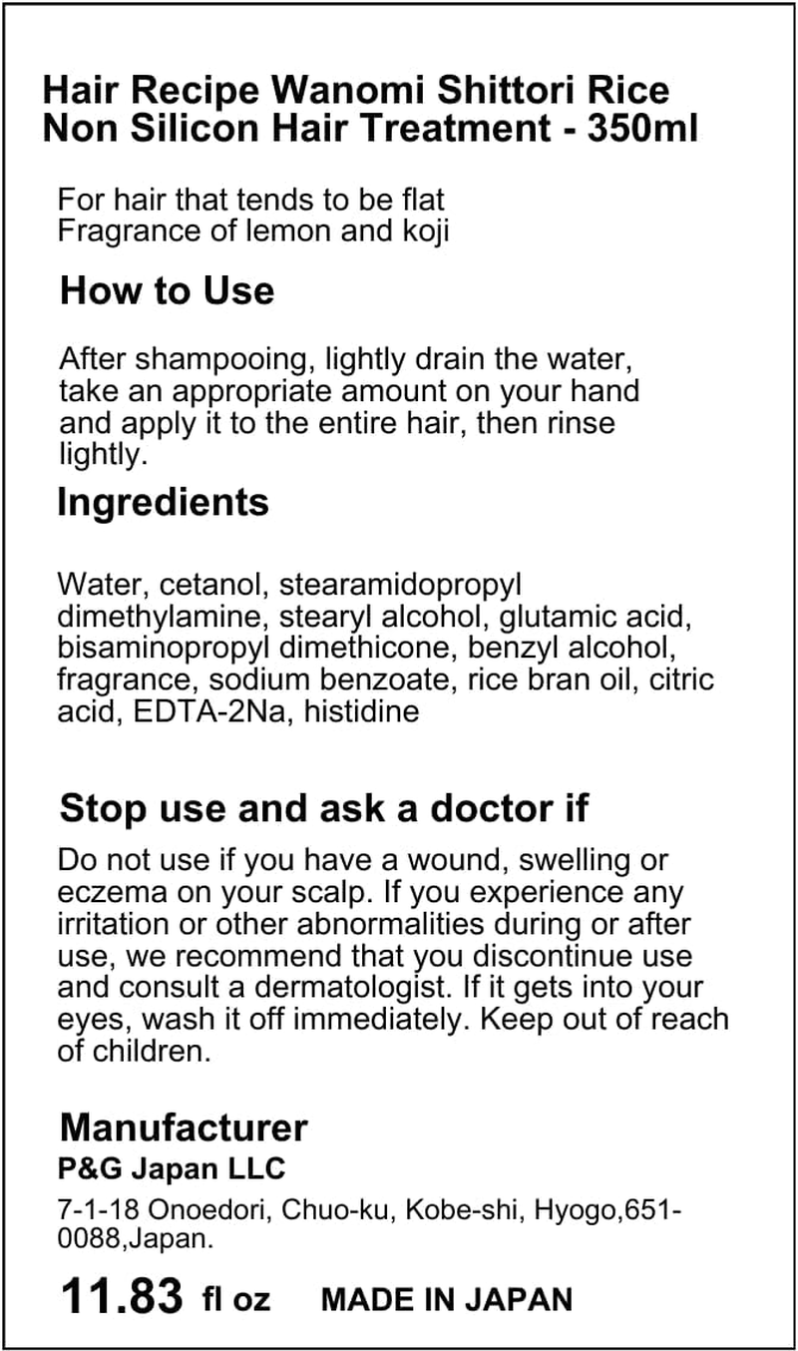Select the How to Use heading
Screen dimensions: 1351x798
click(x=167, y=291)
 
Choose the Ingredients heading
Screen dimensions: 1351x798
click(x=163, y=502)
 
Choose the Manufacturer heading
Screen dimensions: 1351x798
click(x=184, y=1127)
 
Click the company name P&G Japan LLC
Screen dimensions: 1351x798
click(x=172, y=1168)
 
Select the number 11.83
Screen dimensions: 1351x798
click(x=122, y=1296)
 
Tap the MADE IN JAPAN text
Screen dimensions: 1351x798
click(x=447, y=1299)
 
